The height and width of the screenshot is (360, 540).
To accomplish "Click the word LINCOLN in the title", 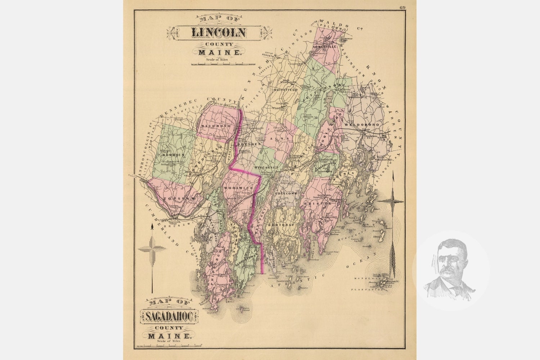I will pyautogui.click(x=219, y=33).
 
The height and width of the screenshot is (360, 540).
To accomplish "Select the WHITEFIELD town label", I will pyautogui.click(x=285, y=89).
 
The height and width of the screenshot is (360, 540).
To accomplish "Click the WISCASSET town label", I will pyautogui.click(x=266, y=168).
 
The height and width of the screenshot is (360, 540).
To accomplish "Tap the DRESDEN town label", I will pyautogui.click(x=248, y=144).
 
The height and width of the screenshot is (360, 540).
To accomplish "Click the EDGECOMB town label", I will pyautogui.click(x=285, y=194).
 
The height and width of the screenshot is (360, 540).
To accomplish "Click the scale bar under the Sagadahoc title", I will pyautogui.click(x=168, y=345).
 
